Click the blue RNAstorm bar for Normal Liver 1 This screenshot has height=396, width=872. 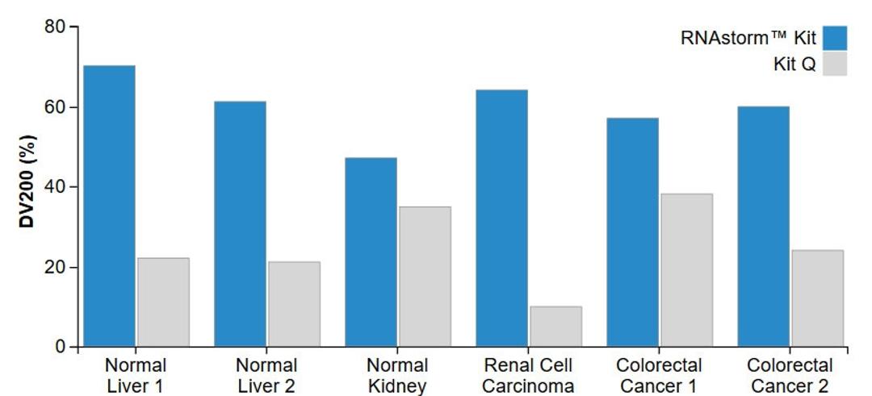click(109, 206)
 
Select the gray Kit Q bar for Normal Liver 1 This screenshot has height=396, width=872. click(163, 302)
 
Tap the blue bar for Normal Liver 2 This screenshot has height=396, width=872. click(240, 224)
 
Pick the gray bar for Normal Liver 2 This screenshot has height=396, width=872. click(294, 304)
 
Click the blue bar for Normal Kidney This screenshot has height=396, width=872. click(371, 252)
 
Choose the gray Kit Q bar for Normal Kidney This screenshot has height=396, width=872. click(425, 277)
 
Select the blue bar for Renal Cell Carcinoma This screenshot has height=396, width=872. click(501, 219)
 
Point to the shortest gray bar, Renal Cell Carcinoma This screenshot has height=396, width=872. click(555, 327)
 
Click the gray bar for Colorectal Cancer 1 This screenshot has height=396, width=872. click(686, 270)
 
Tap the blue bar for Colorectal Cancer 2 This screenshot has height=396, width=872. click(763, 227)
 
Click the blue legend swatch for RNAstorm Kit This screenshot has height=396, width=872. click(835, 38)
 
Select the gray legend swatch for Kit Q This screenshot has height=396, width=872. click(835, 65)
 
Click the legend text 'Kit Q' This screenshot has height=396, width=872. click(794, 65)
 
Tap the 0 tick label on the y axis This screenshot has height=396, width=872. click(61, 347)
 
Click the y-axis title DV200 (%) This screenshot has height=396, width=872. click(26, 187)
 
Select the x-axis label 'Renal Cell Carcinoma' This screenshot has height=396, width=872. click(528, 376)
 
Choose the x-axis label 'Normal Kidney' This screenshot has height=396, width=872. click(397, 376)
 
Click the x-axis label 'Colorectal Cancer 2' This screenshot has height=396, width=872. click(790, 376)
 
